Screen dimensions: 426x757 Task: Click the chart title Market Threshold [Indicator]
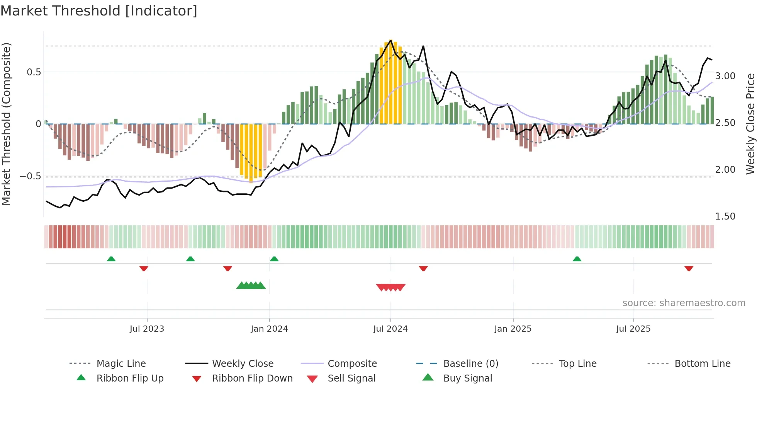pos(99,11)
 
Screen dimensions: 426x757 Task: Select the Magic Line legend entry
pos(121,364)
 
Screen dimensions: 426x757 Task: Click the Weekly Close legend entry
pos(243,364)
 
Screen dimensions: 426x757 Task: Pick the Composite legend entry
pos(352,364)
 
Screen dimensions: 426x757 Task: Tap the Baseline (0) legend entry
pos(470,364)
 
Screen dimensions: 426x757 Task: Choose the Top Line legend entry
pos(577,364)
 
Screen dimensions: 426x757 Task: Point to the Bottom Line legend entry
pos(702,364)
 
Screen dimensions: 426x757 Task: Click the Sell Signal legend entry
pos(351,378)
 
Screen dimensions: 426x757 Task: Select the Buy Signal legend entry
pos(467,378)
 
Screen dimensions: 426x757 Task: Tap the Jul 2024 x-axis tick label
pos(390,329)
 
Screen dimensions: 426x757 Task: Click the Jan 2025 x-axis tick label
pos(513,329)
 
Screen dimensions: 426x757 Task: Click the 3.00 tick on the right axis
pos(725,76)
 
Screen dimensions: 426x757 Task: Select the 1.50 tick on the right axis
pos(725,216)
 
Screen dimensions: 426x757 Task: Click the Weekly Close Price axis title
pos(750,124)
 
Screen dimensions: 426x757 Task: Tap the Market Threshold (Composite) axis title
pos(6,124)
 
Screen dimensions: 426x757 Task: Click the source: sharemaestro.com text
pos(684,303)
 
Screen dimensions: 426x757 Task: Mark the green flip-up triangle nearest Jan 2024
pos(274,259)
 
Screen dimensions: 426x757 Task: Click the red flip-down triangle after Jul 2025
pos(689,268)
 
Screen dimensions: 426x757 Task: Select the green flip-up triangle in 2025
pos(577,259)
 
